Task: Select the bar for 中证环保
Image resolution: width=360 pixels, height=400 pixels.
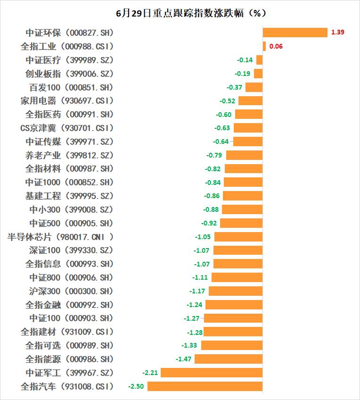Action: coord(295,33)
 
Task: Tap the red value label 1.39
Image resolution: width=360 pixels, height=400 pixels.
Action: coord(338,33)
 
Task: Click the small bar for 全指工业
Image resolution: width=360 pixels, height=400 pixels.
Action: coord(264,46)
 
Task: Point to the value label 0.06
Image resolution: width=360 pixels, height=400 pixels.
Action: coord(276,46)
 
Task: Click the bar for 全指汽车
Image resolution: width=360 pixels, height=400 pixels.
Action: coord(205,386)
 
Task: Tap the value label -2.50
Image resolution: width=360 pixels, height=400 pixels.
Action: coord(136,386)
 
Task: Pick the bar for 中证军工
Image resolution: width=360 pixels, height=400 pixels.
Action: coord(212,373)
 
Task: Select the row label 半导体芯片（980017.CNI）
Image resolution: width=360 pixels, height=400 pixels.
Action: coord(61,237)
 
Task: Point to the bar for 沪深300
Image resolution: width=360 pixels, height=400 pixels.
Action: coord(236,291)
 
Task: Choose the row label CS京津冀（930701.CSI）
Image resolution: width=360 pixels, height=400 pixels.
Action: coord(67,128)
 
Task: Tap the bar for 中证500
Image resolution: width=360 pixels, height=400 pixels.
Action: coord(241,223)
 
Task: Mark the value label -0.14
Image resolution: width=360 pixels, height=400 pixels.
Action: coord(245,60)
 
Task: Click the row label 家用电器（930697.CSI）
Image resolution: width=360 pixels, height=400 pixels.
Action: coord(67,101)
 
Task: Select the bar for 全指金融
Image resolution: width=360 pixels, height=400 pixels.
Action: coord(234,305)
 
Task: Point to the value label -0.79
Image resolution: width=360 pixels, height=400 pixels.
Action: coord(214,155)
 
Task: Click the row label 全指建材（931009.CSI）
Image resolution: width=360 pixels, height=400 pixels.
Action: coord(67,332)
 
